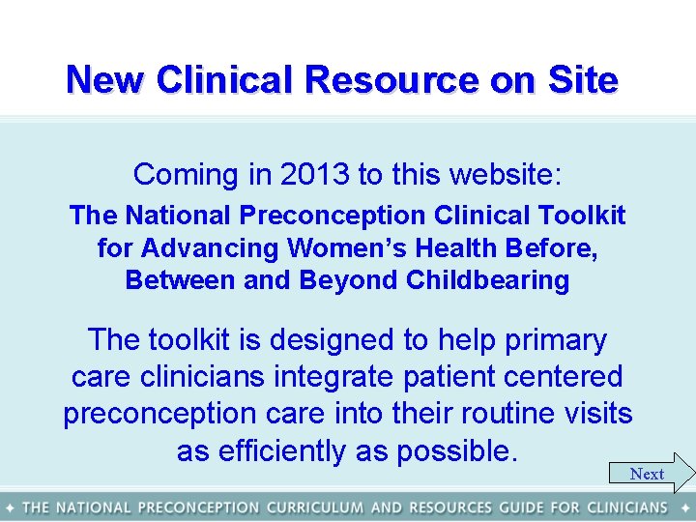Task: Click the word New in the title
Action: (x=105, y=79)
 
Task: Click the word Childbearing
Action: (x=488, y=281)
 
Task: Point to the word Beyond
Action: (x=350, y=281)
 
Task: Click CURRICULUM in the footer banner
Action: (x=315, y=507)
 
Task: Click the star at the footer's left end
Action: (x=9, y=507)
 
